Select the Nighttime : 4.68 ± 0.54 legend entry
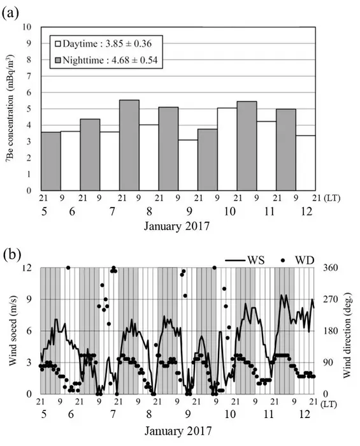[x=106, y=61]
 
